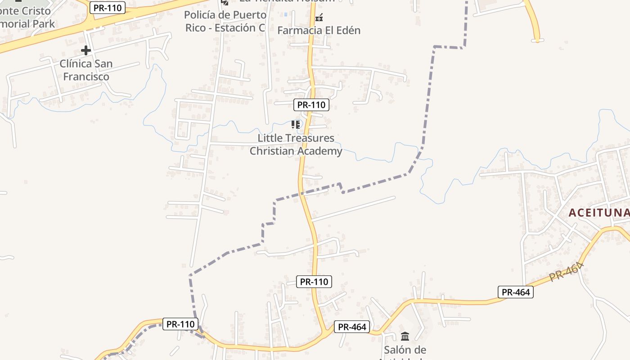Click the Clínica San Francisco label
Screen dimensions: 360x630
pos(86,70)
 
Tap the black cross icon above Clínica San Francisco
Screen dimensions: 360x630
pos(86,50)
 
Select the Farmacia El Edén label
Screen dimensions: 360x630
pos(319,31)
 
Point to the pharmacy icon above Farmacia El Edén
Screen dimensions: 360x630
pos(319,18)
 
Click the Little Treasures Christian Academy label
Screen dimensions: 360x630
pos(296,144)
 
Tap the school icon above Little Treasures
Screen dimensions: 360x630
pos(296,124)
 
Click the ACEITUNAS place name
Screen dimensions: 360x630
pos(598,213)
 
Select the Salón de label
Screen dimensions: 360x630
pos(405,350)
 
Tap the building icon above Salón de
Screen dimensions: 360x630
pos(405,336)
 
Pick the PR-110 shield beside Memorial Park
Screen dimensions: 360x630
pos(107,8)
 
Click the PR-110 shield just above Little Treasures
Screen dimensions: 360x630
pos(311,105)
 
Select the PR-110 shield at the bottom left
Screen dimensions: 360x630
pos(180,324)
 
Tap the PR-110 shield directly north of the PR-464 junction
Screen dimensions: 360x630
pos(314,282)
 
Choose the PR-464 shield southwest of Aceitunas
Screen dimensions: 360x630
pos(516,292)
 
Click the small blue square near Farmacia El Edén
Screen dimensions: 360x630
pos(285,14)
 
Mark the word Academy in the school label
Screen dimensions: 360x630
pos(320,151)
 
